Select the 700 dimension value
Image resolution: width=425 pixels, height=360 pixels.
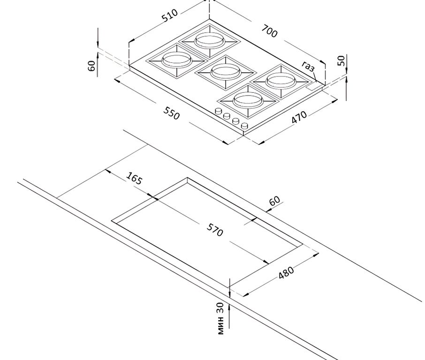pyautogui.click(x=269, y=31)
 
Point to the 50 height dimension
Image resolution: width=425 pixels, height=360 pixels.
pyautogui.click(x=342, y=60)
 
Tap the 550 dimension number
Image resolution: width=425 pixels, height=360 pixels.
pyautogui.click(x=172, y=113)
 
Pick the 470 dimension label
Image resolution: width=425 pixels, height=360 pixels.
pyautogui.click(x=299, y=117)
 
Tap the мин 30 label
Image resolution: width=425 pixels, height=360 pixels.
pyautogui.click(x=220, y=318)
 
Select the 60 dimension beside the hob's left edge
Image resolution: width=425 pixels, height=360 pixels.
pyautogui.click(x=92, y=66)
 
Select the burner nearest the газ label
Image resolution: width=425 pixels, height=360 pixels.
pyautogui.click(x=281, y=81)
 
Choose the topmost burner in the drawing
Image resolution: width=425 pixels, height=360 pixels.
pyautogui.click(x=209, y=39)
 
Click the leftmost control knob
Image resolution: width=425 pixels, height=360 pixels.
pyautogui.click(x=218, y=111)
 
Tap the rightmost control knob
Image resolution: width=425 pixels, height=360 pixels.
pyautogui.click(x=244, y=126)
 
